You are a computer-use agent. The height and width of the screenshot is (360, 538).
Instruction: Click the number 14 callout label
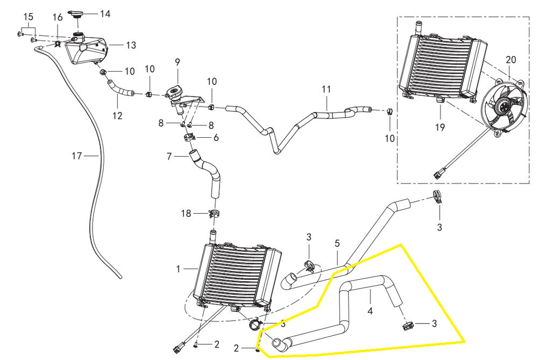(x=105, y=13)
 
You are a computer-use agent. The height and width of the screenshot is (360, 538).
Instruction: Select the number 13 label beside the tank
(x=131, y=45)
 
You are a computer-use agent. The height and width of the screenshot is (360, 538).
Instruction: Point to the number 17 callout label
(x=77, y=156)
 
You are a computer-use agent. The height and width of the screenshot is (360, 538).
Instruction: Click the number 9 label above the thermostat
(x=176, y=62)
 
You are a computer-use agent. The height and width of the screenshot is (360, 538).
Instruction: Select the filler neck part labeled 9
(x=176, y=93)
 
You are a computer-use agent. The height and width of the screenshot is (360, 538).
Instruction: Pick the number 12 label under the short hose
(x=117, y=115)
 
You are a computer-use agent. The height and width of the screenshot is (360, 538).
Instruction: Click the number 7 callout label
(x=169, y=157)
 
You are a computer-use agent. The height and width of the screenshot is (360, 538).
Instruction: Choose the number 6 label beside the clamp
(x=216, y=138)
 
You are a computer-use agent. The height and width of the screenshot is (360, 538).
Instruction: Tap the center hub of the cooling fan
(x=504, y=107)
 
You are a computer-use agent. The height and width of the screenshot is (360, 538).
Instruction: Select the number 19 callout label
(x=441, y=128)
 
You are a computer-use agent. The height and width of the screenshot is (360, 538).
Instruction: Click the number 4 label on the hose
(x=370, y=310)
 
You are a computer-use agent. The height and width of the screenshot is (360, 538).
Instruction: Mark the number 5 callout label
(x=337, y=243)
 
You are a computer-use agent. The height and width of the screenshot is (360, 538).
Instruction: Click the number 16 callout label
(x=58, y=18)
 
